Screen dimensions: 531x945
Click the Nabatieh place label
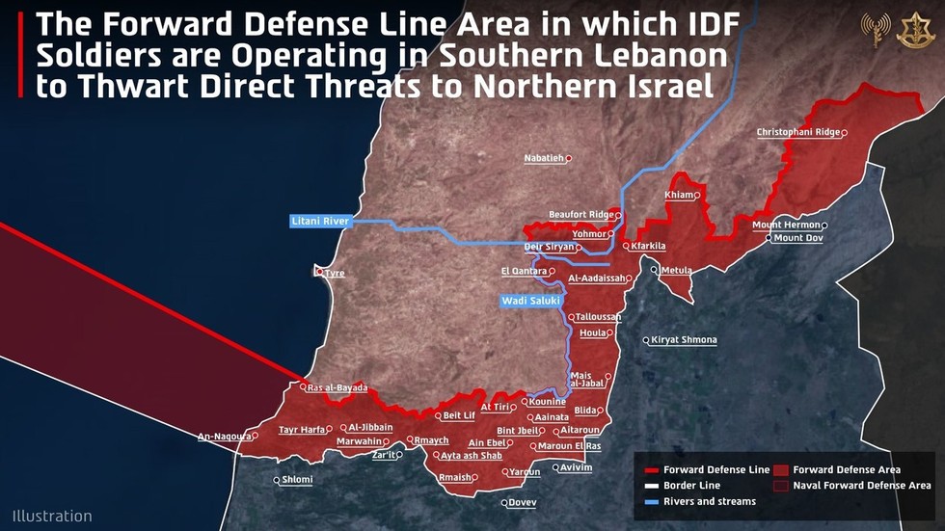[x=544, y=158]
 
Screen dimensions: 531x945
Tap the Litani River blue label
[x=320, y=222]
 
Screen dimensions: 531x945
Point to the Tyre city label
[x=334, y=274]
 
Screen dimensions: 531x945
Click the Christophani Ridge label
[x=798, y=132]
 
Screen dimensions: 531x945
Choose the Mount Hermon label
[x=786, y=226]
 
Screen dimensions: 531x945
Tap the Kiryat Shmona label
[x=684, y=340]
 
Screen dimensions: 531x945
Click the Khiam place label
[x=679, y=196]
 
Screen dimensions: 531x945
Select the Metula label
[x=676, y=271]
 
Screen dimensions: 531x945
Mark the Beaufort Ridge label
[x=580, y=214]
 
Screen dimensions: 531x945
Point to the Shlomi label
[x=297, y=480]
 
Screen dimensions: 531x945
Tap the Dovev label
[x=522, y=502]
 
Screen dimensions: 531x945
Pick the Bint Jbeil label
[x=519, y=431]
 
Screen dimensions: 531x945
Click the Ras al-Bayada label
[x=337, y=387]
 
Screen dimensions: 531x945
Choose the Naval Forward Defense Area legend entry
[x=862, y=486]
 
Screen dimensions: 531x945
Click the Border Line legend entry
[x=691, y=486]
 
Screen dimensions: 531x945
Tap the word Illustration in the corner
[x=52, y=516]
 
